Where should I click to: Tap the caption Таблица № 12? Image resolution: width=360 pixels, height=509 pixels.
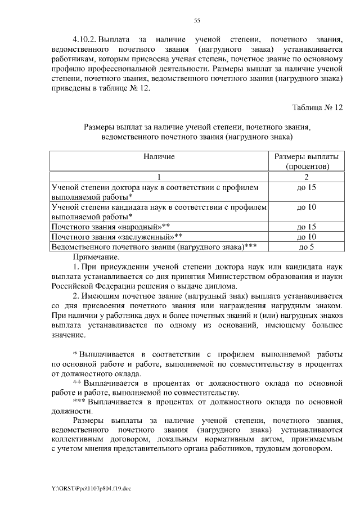317,107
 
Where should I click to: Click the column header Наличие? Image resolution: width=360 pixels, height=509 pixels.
159,156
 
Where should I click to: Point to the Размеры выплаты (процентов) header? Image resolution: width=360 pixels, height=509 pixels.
307,161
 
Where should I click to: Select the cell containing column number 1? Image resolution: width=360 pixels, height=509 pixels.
159,177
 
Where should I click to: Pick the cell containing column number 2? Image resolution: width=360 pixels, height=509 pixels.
307,177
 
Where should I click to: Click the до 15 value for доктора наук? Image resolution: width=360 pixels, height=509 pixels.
307,187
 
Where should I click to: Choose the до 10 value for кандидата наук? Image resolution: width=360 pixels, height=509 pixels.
307,207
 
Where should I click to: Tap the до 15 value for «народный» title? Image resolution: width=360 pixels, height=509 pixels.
307,227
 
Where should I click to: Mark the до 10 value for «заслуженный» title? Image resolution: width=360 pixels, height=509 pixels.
307,237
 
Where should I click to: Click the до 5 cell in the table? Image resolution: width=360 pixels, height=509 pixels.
307,246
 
